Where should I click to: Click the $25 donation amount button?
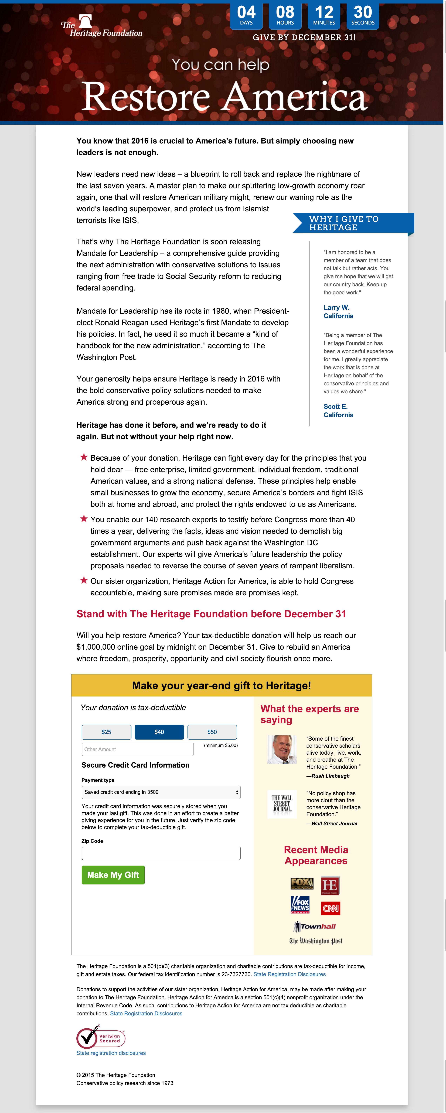click(x=106, y=732)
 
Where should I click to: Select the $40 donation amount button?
click(x=159, y=732)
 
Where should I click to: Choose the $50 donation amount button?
click(x=212, y=732)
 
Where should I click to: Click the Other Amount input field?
click(x=138, y=749)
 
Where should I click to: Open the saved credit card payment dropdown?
click(x=161, y=792)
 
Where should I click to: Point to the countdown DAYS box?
click(x=246, y=16)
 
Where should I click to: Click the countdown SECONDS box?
click(x=363, y=16)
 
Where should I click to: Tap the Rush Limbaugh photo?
click(x=282, y=750)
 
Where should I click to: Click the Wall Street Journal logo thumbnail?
click(x=282, y=804)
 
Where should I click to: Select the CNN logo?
click(x=331, y=908)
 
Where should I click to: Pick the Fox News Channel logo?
click(x=300, y=905)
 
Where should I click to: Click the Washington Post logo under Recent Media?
click(x=316, y=941)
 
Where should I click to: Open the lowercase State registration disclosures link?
click(x=111, y=1053)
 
